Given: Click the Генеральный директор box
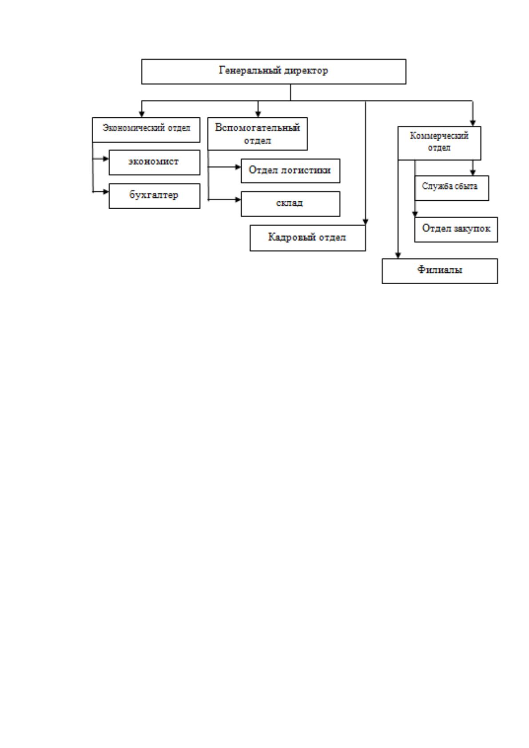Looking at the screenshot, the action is (274, 72).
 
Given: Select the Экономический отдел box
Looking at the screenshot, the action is (146, 130).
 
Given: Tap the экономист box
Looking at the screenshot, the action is (154, 162).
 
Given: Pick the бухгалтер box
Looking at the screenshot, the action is (154, 196).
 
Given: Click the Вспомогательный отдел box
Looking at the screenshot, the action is (258, 134).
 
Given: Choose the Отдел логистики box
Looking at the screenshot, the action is (290, 171).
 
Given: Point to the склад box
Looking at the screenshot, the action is (290, 204).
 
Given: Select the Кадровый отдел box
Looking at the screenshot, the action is (307, 238).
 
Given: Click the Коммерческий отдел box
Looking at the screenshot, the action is (439, 143).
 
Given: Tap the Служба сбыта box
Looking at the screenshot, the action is (452, 188).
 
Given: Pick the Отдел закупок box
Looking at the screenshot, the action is (456, 229).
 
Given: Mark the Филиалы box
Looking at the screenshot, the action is (440, 271).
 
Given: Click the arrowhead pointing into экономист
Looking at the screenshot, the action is (106, 159).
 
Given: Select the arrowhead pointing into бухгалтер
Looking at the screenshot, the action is (106, 192).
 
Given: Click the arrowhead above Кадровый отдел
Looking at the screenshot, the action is (366, 222).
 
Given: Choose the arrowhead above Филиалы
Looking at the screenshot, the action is (398, 255).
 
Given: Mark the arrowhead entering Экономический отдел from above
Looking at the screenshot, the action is (142, 114).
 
